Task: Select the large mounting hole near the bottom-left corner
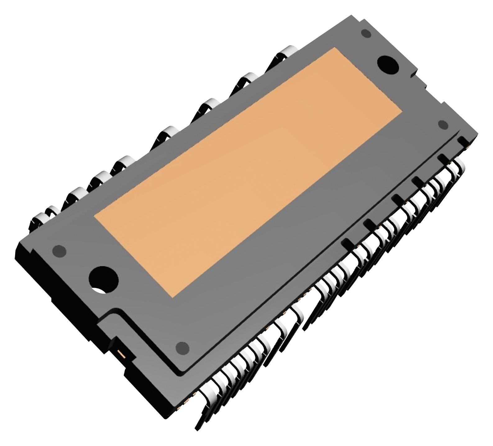tap(103, 278)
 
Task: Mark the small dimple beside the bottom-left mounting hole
tap(59, 250)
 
